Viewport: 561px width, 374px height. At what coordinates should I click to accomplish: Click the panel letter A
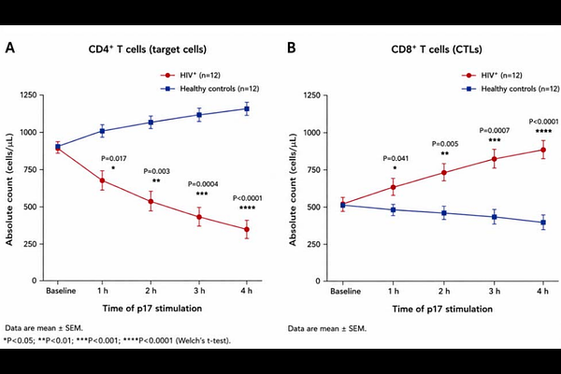[x=10, y=48]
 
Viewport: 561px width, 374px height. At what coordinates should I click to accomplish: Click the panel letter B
[x=292, y=48]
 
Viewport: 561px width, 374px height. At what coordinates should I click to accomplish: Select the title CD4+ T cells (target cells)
[x=148, y=49]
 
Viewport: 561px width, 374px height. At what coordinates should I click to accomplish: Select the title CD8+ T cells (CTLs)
[x=437, y=49]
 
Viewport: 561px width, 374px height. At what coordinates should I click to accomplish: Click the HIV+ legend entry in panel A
[x=190, y=75]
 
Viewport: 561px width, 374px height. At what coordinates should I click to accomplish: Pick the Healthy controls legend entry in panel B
[x=511, y=89]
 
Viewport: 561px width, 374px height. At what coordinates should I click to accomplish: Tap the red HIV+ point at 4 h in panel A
[x=247, y=229]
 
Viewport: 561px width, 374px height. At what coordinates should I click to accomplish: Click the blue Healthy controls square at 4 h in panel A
[x=247, y=108]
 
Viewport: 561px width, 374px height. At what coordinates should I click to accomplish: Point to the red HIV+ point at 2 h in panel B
[x=444, y=172]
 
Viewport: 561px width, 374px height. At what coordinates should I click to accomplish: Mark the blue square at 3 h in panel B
[x=495, y=217]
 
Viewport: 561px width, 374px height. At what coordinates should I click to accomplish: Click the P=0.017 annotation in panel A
[x=114, y=158]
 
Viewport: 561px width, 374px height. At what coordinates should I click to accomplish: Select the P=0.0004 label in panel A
[x=203, y=184]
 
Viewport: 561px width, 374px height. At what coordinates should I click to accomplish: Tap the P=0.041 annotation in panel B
[x=396, y=158]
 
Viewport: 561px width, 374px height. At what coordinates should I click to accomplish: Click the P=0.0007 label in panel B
[x=495, y=130]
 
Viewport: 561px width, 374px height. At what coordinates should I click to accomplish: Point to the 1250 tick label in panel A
[x=28, y=95]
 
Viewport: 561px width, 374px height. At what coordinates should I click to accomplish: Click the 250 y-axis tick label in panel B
[x=312, y=244]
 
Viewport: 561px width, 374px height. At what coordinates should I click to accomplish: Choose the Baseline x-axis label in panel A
[x=61, y=291]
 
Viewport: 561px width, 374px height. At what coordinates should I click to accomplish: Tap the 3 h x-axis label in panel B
[x=495, y=291]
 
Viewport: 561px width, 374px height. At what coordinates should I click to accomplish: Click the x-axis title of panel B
[x=442, y=309]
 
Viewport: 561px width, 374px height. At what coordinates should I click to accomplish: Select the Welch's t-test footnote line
[x=117, y=340]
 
